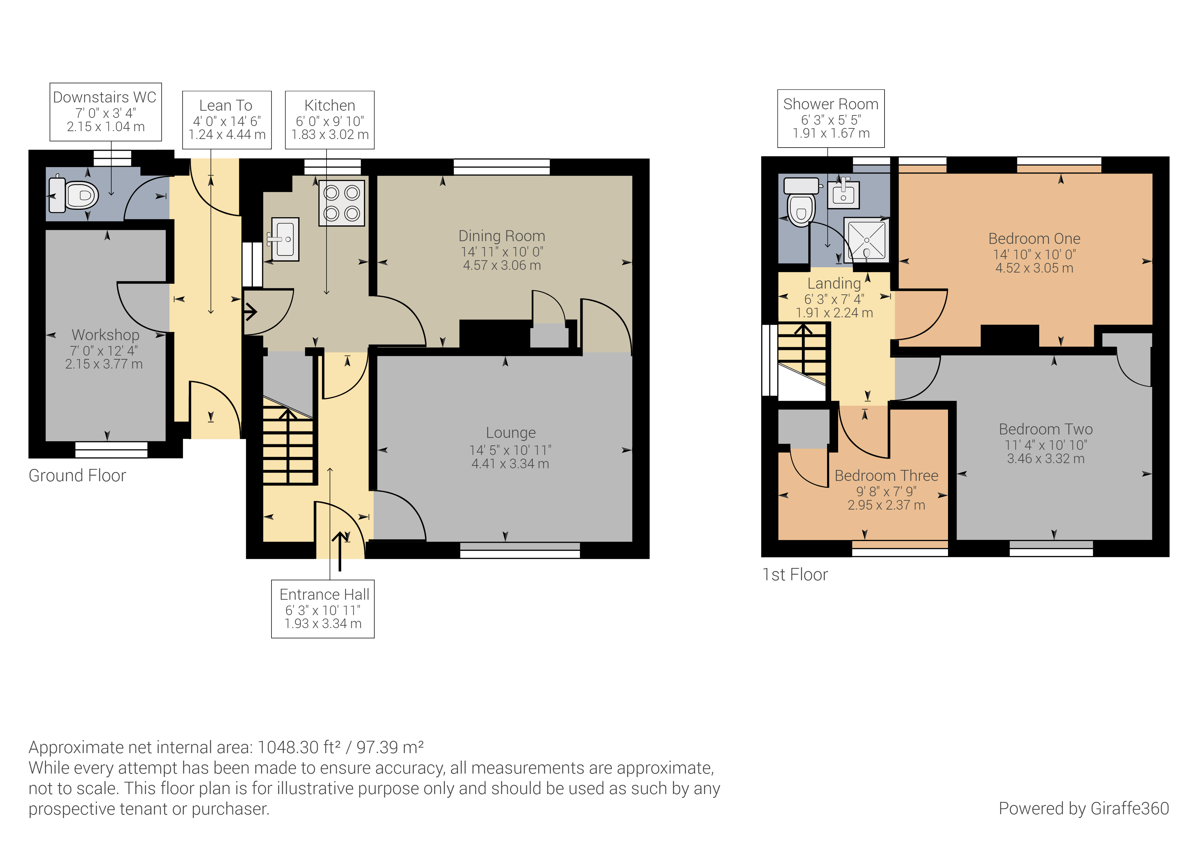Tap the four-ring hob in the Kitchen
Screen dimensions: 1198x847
pos(342,203)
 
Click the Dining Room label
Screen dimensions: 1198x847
pos(501,236)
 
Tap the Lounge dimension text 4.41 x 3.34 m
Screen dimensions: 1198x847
pos(510,463)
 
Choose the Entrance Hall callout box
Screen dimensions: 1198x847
pos(323,609)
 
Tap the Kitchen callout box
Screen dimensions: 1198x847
pos(330,120)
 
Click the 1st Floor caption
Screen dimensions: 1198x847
pos(795,574)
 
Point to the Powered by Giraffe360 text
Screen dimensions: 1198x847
pos(1084,808)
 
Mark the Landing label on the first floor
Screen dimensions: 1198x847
pos(834,283)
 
